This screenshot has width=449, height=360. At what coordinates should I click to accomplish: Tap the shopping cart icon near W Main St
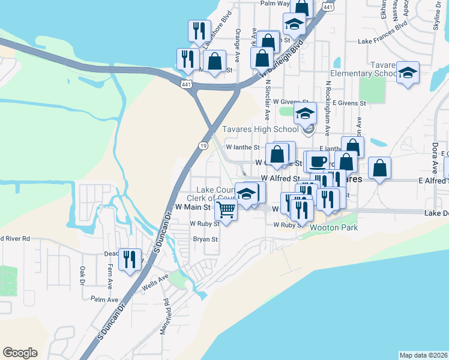pos(226,210)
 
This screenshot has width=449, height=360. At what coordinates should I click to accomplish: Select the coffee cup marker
pos(319,161)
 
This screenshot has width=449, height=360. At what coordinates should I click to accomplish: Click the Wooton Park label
pos(334,228)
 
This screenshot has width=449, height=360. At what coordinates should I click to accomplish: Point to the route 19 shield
pos(203,146)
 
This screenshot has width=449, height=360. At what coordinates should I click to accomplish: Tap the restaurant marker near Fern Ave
pos(130,259)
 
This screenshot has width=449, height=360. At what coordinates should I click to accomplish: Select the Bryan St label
pos(205,239)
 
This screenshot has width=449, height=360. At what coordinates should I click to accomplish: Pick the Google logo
pos(20,353)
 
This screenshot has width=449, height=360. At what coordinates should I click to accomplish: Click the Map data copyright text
pos(423,355)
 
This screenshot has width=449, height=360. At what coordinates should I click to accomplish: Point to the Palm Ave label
pos(101,299)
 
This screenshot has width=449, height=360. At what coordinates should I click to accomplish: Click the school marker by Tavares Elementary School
pos(408,73)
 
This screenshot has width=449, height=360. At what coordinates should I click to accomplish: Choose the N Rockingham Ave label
pos(328,108)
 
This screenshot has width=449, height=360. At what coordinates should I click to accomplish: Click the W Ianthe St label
pos(243,147)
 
